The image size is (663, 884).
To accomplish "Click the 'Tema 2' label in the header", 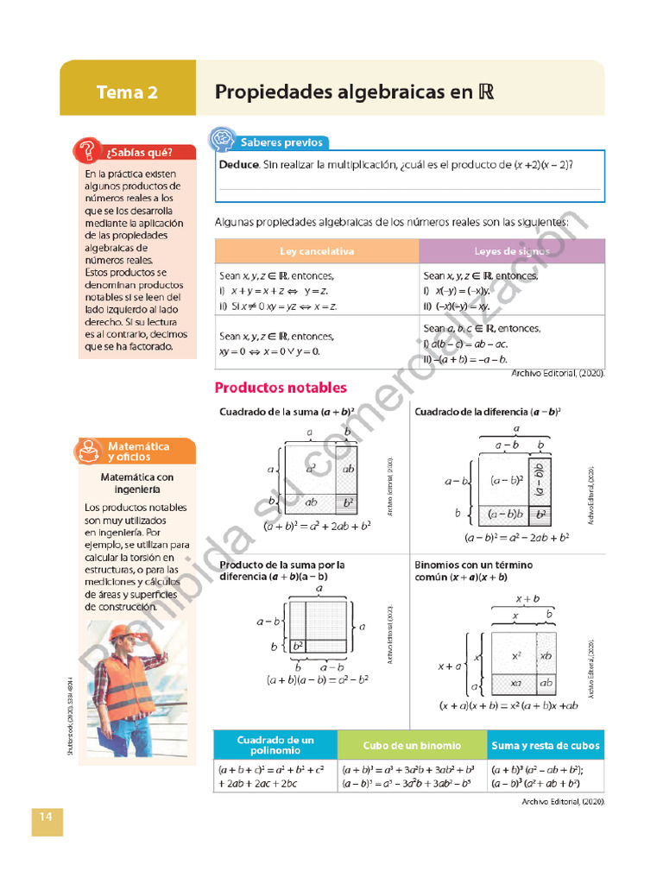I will coord(127,92).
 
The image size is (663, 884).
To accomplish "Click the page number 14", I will coord(47,817).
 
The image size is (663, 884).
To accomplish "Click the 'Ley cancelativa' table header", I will coord(316,251).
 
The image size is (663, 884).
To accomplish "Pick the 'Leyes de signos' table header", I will coord(511,251).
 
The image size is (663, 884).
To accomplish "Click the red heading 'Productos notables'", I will coord(281,388).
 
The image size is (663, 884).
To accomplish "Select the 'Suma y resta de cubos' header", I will coord(545,745).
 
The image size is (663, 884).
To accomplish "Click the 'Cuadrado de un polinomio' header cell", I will coord(275,745).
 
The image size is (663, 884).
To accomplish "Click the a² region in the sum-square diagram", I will coord(310,467).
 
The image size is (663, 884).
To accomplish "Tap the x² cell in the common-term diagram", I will coord(515,656).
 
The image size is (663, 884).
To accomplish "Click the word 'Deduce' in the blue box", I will coord(238,165).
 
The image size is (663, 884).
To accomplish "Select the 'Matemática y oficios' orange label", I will coord(138,451).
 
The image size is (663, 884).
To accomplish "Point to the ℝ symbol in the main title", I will coord(484,92).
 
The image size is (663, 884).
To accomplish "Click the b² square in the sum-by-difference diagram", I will coord(297,645).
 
